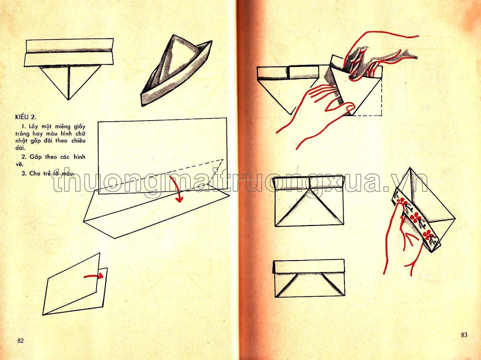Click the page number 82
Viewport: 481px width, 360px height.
click(x=21, y=341)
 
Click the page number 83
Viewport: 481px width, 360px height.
click(x=464, y=335)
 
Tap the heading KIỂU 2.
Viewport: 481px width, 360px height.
click(x=26, y=117)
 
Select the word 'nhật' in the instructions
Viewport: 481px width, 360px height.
click(x=21, y=141)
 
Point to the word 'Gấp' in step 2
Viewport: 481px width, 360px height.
click(x=36, y=157)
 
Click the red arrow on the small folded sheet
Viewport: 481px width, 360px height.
click(x=93, y=276)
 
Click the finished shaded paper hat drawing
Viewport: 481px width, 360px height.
click(x=175, y=70)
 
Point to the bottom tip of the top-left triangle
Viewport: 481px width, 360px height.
click(x=68, y=100)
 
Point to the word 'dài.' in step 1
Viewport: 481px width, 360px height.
click(x=20, y=148)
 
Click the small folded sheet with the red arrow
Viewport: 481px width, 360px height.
click(x=75, y=284)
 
